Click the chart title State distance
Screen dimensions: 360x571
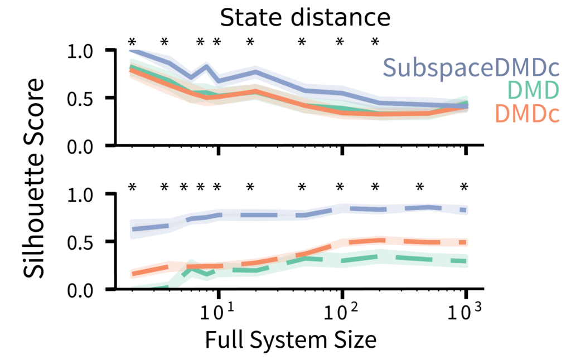click(304, 18)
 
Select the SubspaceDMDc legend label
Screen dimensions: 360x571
click(471, 68)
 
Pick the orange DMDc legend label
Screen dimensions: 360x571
click(526, 113)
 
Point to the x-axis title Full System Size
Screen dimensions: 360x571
click(291, 339)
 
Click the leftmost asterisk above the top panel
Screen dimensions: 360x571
click(132, 42)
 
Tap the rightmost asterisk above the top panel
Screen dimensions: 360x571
click(375, 42)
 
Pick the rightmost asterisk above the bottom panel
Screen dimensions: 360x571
click(464, 187)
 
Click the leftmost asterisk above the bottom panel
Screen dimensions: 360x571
click(132, 187)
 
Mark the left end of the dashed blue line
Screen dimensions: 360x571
click(132, 228)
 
